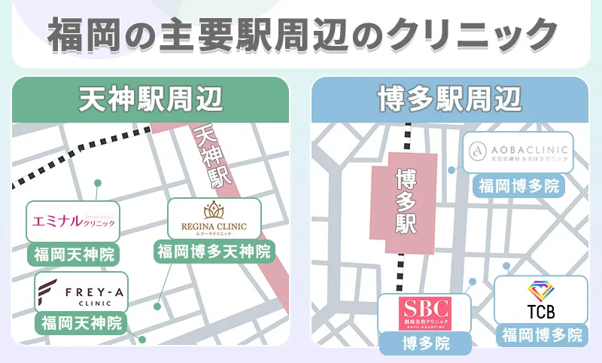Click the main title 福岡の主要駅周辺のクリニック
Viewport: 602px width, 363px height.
tap(301, 33)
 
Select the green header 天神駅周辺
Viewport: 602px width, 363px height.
tap(151, 100)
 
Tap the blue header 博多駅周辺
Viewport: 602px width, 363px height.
tap(450, 100)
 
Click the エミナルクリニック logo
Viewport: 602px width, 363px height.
tap(73, 221)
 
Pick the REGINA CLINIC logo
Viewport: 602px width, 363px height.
tap(214, 218)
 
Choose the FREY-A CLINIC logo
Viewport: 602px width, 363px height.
tap(81, 292)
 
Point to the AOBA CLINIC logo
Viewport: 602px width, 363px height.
tap(518, 154)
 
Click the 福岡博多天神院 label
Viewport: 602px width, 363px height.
tap(214, 251)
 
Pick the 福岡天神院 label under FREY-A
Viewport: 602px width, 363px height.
tap(81, 324)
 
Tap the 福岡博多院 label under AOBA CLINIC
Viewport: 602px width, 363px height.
tap(518, 185)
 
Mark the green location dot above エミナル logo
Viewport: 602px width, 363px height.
tap(97, 183)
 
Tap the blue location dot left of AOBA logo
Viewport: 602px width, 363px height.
tap(451, 170)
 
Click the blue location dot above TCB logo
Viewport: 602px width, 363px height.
tap(508, 266)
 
